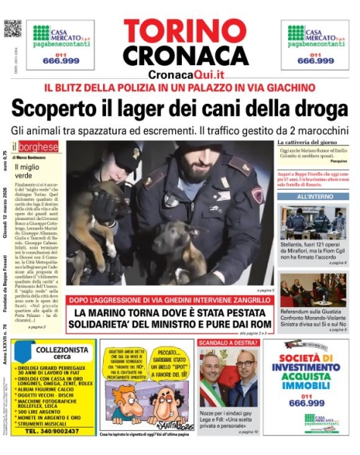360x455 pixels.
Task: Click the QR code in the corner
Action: click(11, 28)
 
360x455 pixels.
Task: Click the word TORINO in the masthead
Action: click(180, 32)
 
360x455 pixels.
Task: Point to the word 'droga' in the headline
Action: click(318, 110)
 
